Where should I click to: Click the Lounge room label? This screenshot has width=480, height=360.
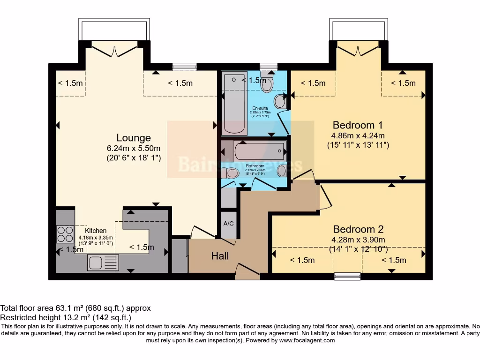[134, 138]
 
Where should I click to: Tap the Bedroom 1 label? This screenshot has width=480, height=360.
[358, 125]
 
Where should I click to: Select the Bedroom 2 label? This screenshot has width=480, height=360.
[358, 229]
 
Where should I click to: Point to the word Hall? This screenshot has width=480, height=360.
[220, 256]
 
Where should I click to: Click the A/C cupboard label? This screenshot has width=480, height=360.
[229, 224]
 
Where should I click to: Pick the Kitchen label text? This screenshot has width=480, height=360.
[96, 231]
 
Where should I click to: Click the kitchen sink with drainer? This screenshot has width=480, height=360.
[103, 263]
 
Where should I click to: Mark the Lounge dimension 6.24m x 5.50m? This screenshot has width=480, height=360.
[134, 148]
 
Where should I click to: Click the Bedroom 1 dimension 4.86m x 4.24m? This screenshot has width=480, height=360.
[358, 135]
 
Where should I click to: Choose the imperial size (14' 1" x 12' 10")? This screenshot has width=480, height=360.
[358, 249]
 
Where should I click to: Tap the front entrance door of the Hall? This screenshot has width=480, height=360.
[247, 272]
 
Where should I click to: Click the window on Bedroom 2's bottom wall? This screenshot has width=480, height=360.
[347, 277]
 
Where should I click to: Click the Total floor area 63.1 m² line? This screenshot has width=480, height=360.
[75, 308]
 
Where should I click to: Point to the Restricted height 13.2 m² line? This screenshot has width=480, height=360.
[66, 317]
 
